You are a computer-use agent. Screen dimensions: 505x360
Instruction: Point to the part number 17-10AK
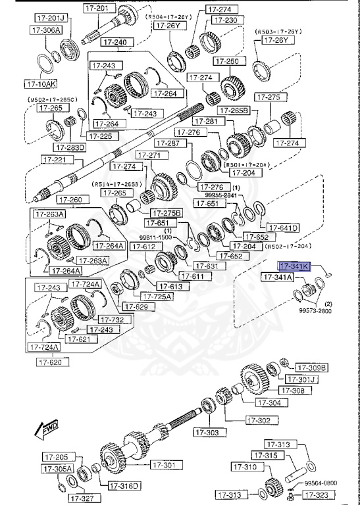pyautogui.click(x=40, y=84)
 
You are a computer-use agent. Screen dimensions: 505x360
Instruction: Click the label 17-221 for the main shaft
pyautogui.click(x=55, y=160)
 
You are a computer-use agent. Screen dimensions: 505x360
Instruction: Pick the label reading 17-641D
pyautogui.click(x=284, y=228)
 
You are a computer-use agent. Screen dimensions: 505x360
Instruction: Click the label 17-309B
pyautogui.click(x=311, y=367)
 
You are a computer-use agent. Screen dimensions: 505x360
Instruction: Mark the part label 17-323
pyautogui.click(x=324, y=494)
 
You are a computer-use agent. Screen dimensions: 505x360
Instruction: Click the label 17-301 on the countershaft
pyautogui.click(x=165, y=465)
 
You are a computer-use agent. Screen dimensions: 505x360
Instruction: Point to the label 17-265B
pyautogui.click(x=234, y=111)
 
